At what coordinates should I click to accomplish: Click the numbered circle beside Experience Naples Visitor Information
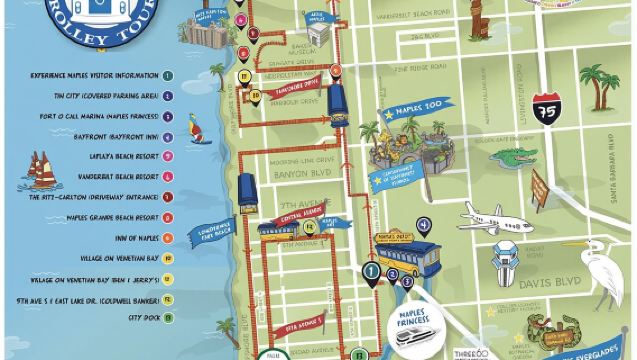(x=169, y=76)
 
